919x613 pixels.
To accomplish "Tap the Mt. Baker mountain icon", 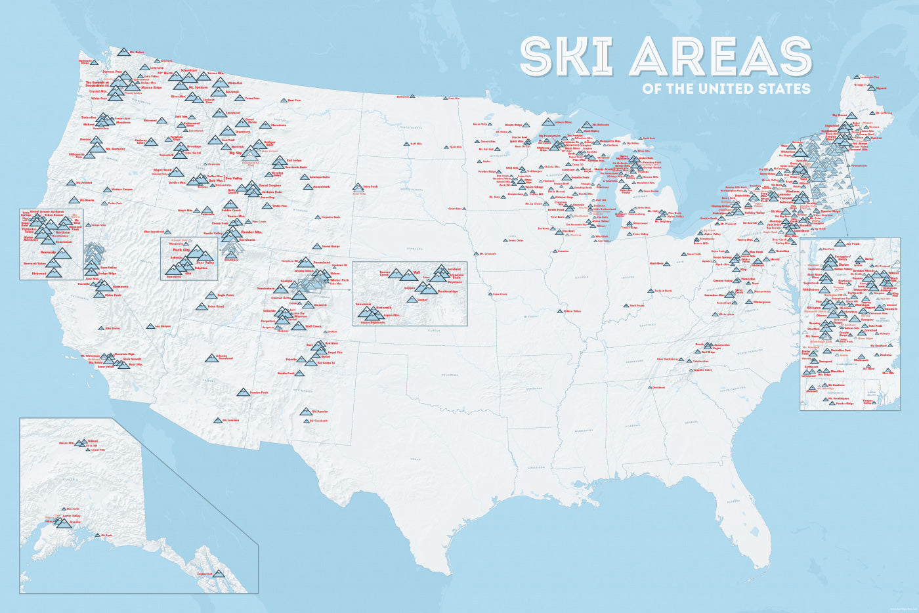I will tap(123, 52).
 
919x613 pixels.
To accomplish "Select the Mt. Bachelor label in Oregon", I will tap(115, 149).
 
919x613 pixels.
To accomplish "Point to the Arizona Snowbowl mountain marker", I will tap(211, 358).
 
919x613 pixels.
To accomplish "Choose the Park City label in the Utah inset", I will tap(181, 250).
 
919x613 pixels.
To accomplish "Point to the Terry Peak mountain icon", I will tap(358, 187).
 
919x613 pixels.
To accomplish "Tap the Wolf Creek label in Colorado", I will tap(312, 326).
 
